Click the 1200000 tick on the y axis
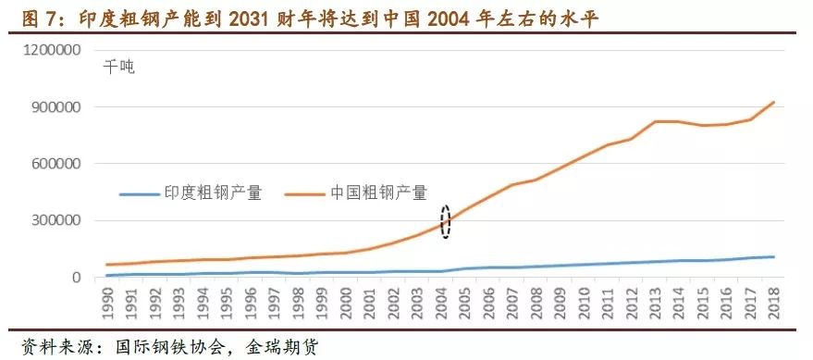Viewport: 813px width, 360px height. (60, 49)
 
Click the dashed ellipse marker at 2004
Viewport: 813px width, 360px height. (446, 222)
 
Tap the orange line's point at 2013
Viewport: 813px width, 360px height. (656, 121)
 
